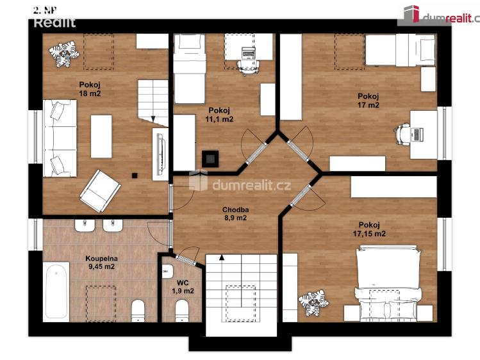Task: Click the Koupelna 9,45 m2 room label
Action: [101, 263]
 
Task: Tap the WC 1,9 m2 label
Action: [183, 286]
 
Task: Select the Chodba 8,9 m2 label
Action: [235, 214]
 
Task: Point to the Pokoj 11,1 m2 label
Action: [219, 115]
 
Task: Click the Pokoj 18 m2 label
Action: [90, 89]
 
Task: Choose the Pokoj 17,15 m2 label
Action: [369, 229]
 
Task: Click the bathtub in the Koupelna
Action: [56, 291]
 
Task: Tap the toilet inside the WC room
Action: [182, 311]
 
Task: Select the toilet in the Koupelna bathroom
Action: [138, 311]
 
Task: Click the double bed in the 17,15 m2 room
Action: [388, 283]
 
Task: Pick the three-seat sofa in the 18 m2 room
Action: [60, 138]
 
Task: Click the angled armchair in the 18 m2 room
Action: [100, 191]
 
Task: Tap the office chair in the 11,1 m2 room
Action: [248, 67]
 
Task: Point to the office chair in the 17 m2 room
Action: [402, 134]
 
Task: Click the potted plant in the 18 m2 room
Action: [64, 54]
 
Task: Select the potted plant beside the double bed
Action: [313, 302]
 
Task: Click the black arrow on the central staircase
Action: [221, 258]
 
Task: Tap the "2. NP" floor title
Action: [45, 10]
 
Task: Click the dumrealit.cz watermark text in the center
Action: [251, 185]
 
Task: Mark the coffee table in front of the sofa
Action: [101, 136]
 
